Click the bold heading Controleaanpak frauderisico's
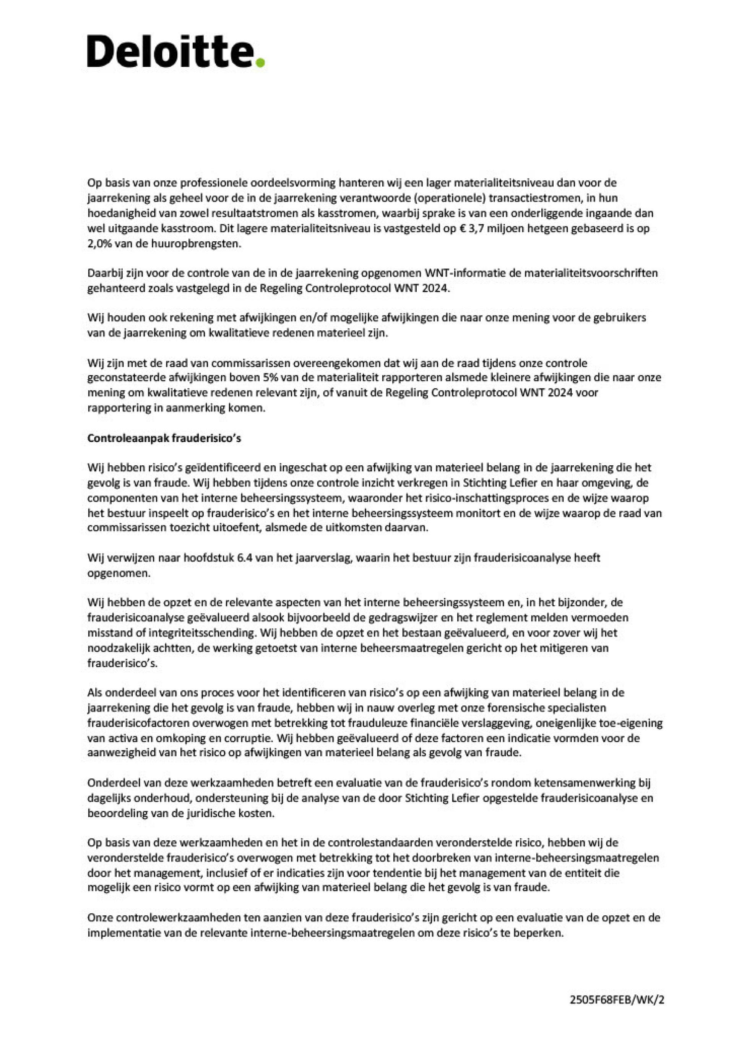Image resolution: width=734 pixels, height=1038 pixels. point(164,438)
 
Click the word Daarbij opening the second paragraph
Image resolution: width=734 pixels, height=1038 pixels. point(104,273)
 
